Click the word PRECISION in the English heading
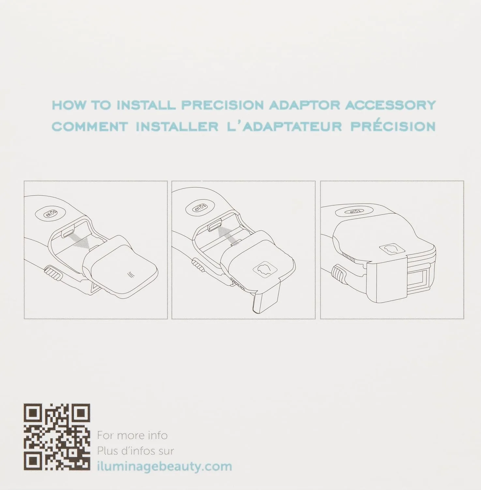point(222,105)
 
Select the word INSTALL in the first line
point(146,105)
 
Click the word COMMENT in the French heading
point(90,126)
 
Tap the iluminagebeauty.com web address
point(165,466)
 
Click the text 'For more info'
point(132,435)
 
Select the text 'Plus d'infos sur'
point(135,451)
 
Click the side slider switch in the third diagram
point(339,274)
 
